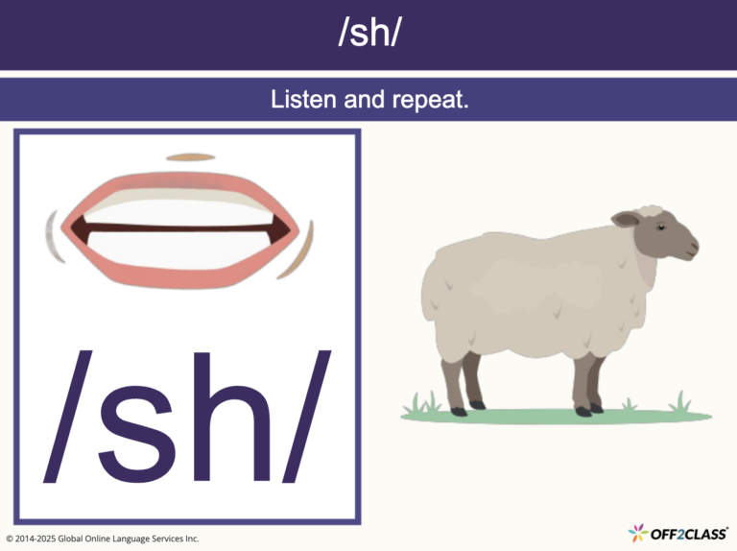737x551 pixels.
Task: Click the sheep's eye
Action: pyautogui.click(x=661, y=227)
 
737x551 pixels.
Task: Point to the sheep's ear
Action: pyautogui.click(x=627, y=220)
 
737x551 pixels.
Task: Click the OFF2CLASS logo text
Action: pyautogui.click(x=688, y=533)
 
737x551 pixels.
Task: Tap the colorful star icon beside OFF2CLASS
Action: pyautogui.click(x=636, y=533)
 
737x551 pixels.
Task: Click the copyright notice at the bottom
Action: pyautogui.click(x=102, y=539)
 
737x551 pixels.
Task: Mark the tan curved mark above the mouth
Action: pyautogui.click(x=190, y=156)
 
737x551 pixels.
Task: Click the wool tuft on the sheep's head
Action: pyautogui.click(x=651, y=210)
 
